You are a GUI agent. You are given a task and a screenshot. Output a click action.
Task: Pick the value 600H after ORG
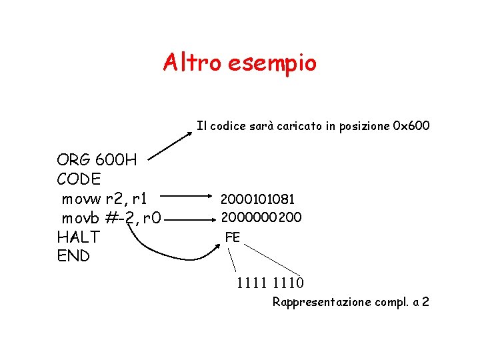pos(117,160)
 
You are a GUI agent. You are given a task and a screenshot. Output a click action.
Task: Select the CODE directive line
pos(79,179)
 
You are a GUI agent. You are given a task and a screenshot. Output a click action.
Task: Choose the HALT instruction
pos(79,237)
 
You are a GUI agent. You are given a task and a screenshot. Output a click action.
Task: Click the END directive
pos(73,256)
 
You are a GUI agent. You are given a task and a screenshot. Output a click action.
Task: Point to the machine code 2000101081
pos(257,199)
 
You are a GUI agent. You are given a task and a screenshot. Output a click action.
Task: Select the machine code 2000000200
pos(261,217)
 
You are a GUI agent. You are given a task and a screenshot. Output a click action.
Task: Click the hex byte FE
pos(233,237)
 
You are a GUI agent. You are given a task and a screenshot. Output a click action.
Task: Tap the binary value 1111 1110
pos(270,283)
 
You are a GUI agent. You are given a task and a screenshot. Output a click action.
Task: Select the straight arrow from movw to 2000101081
pos(187,197)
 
